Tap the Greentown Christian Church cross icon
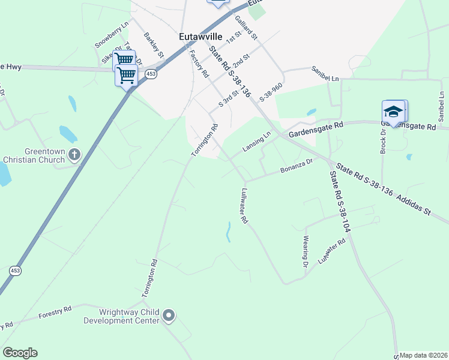click(x=74, y=155)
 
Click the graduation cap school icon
click(x=394, y=112)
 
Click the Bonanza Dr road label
click(x=297, y=166)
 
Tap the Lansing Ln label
click(x=257, y=142)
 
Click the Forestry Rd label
click(x=55, y=312)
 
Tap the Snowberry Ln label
click(x=112, y=35)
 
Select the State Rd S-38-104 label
click(x=339, y=202)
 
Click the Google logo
click(x=20, y=353)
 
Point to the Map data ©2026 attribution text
click(x=423, y=355)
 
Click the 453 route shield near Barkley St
click(x=151, y=73)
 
